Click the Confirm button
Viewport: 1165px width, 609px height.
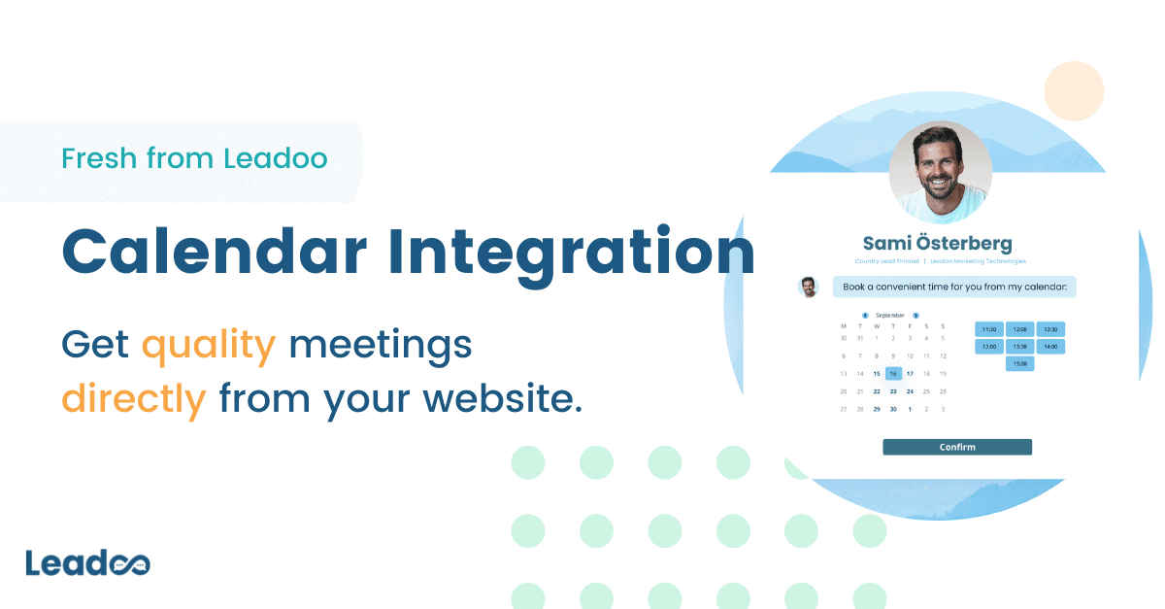coord(956,447)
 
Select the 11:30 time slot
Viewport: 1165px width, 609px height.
coord(988,329)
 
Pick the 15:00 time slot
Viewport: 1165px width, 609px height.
coord(1019,363)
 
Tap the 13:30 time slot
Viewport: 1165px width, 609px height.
coord(1019,346)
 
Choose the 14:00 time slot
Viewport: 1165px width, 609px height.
coord(1050,346)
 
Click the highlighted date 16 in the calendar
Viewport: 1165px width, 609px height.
coord(893,373)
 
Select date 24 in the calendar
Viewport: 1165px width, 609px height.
coord(910,391)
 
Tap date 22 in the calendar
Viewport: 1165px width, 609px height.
coord(877,391)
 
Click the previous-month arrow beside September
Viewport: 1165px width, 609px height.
coord(865,315)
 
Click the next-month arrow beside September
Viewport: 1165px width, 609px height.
coord(915,315)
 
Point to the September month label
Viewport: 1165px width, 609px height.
coord(890,315)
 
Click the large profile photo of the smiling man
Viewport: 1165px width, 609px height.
coord(940,172)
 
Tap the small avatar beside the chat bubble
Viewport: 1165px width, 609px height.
coord(808,287)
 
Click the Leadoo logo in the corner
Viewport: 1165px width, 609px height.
coord(87,563)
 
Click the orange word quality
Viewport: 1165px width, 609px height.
coord(209,345)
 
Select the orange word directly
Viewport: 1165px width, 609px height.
coord(134,398)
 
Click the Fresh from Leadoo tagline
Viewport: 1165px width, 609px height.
coord(194,158)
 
